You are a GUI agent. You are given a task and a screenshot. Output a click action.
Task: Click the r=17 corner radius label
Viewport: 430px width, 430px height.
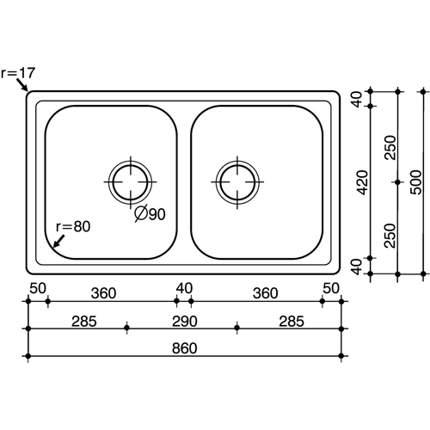pos(18,73)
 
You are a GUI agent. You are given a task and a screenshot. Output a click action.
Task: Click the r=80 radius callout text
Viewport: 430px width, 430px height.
pos(73,226)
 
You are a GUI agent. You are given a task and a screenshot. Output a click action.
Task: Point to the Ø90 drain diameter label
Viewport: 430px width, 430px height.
pos(150,213)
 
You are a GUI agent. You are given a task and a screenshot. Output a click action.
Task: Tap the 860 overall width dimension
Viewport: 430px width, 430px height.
pos(184,348)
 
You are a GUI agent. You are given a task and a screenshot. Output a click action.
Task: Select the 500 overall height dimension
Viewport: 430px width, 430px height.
pos(416,182)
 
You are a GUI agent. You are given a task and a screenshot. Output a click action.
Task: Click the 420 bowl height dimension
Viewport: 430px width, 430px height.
pos(363,182)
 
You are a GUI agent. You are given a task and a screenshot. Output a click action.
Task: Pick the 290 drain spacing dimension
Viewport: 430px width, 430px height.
pos(184,322)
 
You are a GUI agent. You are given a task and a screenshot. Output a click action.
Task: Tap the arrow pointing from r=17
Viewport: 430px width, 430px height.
pos(21,84)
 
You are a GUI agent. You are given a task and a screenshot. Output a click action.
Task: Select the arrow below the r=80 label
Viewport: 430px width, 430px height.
pos(59,241)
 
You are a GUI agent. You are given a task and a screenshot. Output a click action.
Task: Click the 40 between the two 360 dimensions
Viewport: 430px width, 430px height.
pos(184,288)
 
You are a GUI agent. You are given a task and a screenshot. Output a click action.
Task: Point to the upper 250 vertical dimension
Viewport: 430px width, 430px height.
pos(390,148)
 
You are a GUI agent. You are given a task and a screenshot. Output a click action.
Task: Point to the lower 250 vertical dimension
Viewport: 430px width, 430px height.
pos(390,236)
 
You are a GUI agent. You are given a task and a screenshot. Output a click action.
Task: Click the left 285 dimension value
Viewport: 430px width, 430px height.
pos(84,322)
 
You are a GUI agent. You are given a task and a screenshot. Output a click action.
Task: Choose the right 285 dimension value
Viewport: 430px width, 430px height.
pos(292,322)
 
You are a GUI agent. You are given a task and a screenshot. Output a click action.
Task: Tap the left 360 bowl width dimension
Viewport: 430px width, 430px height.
pos(103,293)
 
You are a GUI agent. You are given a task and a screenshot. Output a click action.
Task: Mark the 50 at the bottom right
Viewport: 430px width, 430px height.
pos(331,288)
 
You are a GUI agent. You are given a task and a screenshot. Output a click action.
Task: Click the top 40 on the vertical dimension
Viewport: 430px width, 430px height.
pos(357,99)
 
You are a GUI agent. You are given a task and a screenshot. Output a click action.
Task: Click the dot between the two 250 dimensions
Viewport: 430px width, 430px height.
pos(397,182)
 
